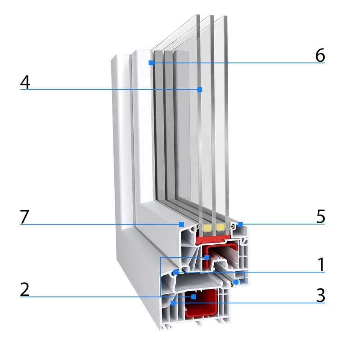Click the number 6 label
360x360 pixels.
click(320, 55)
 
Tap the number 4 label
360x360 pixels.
click(25, 82)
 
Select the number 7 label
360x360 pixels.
click(25, 216)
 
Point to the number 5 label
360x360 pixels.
click(320, 216)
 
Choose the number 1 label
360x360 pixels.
click(321, 265)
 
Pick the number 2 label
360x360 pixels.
click(25, 289)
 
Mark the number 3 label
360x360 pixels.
click(320, 296)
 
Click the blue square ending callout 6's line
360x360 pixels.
click(151, 63)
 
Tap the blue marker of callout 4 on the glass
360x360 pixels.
click(200, 90)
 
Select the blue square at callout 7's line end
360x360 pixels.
click(181, 224)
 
